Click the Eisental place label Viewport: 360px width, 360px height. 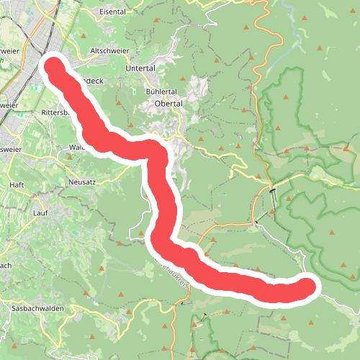point(112,12)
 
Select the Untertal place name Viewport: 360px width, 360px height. point(140,68)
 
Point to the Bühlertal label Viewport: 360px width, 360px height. point(161,92)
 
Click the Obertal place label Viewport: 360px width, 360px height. point(170,103)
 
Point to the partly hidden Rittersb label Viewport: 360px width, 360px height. point(55,112)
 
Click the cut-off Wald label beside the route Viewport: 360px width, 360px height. point(77,148)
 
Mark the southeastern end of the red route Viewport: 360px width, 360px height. point(307,287)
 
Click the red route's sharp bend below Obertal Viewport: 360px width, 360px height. point(157,153)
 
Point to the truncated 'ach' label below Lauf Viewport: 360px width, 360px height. point(5,265)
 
